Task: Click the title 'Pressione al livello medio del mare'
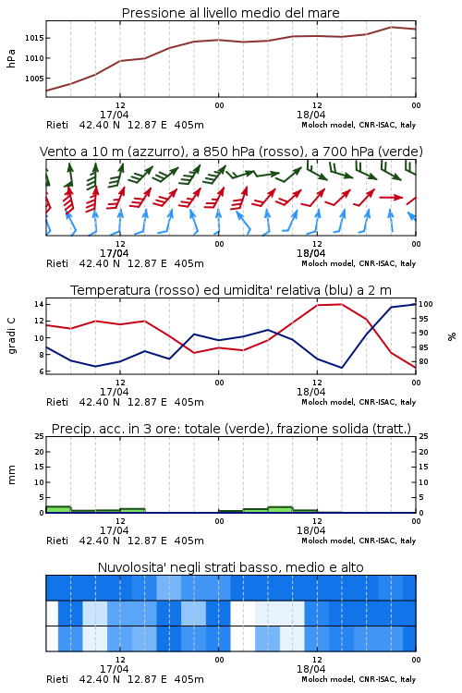(230, 13)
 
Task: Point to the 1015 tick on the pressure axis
(34, 38)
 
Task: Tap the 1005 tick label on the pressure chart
(34, 79)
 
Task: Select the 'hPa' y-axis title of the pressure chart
(11, 59)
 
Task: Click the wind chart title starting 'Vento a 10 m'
(231, 152)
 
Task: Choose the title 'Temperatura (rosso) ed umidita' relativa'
(231, 290)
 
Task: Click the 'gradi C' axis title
(11, 336)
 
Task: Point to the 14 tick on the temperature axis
(39, 304)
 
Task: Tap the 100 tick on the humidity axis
(425, 304)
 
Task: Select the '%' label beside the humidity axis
(452, 336)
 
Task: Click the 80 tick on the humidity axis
(423, 361)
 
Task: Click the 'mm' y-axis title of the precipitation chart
(11, 475)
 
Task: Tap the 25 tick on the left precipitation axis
(39, 436)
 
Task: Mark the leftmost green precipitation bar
(58, 509)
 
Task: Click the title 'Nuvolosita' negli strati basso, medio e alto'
(231, 567)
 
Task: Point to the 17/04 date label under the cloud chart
(115, 669)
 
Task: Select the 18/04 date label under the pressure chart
(311, 115)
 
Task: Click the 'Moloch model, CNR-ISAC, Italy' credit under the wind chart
(359, 263)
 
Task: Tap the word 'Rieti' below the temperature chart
(57, 402)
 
